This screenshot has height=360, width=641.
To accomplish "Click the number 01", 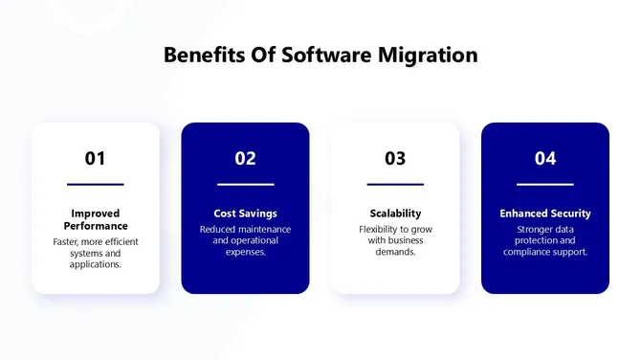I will (95, 159).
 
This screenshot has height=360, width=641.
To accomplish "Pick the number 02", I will (245, 159).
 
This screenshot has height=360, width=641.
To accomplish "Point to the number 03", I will (395, 159).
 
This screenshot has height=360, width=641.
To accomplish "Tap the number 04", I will (545, 159).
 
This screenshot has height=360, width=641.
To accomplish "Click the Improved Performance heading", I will (95, 219).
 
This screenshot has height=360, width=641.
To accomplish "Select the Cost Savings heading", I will (245, 214).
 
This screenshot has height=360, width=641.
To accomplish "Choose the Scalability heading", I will (395, 214).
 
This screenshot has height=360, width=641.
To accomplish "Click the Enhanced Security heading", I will (545, 214).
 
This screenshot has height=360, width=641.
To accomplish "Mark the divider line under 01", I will (95, 184).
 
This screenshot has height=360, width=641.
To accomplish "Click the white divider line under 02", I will (245, 184).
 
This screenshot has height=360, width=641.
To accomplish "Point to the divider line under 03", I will (395, 184).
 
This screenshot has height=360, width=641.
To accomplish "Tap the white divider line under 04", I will (545, 184).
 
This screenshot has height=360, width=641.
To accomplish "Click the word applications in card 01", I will (95, 265).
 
